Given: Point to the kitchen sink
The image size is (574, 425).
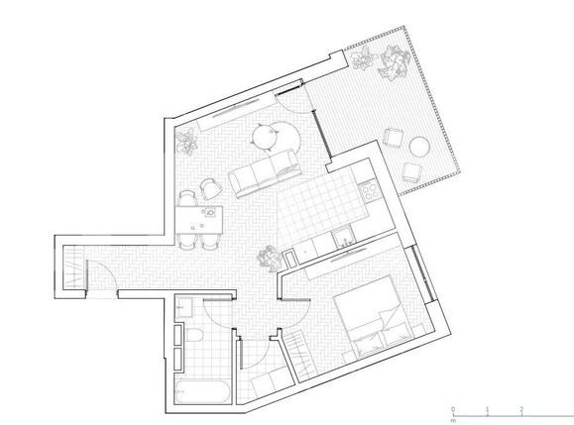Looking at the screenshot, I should (343, 236).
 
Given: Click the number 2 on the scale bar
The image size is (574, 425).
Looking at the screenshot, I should (521, 408).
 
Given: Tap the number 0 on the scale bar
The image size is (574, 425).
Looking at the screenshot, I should (452, 408).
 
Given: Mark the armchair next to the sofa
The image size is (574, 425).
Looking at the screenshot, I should (209, 186).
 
